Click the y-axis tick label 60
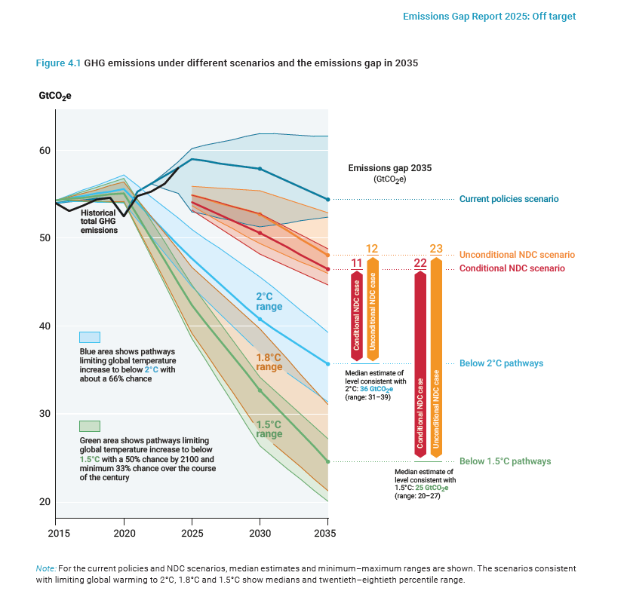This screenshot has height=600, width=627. pyautogui.click(x=45, y=151)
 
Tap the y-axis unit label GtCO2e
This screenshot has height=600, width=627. pyautogui.click(x=55, y=96)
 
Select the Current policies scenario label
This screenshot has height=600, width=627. pyautogui.click(x=509, y=199)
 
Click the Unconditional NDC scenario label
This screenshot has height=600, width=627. pyautogui.click(x=517, y=255)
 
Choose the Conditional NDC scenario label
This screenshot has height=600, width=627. pyautogui.click(x=512, y=268)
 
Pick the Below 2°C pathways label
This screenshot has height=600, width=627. pyautogui.click(x=501, y=363)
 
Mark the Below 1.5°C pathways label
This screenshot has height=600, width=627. pyautogui.click(x=505, y=461)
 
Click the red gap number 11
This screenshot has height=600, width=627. pyautogui.click(x=357, y=263)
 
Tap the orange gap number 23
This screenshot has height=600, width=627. pyautogui.click(x=436, y=249)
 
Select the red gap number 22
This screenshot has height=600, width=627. pyautogui.click(x=420, y=263)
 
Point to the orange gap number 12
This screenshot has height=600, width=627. pyautogui.click(x=372, y=249)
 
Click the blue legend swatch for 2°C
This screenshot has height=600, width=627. pyautogui.click(x=90, y=337)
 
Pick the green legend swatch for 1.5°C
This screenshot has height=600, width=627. pyautogui.click(x=90, y=426)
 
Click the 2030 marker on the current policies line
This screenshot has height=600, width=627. pyautogui.click(x=260, y=169)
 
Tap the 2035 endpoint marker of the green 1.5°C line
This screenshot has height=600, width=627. pyautogui.click(x=327, y=461)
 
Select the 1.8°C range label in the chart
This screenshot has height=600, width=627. pyautogui.click(x=269, y=362)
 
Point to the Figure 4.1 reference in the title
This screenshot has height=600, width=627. pyautogui.click(x=58, y=63)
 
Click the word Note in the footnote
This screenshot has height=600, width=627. pyautogui.click(x=45, y=568)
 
